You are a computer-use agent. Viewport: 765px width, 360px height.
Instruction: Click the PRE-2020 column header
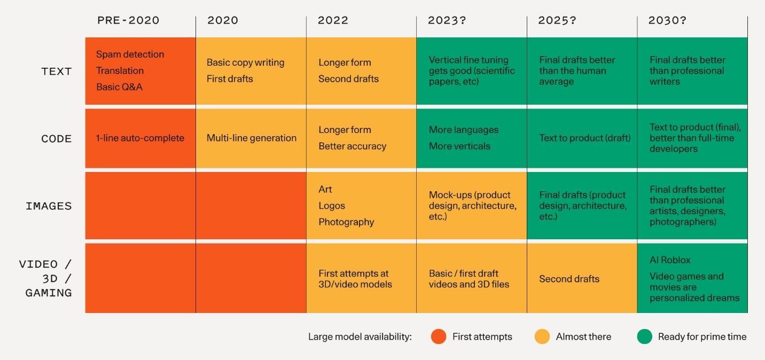click(128, 21)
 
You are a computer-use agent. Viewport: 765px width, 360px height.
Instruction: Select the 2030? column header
click(667, 21)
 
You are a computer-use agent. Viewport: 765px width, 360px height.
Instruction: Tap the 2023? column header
click(447, 21)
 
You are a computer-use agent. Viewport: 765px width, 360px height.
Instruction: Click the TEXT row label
click(56, 72)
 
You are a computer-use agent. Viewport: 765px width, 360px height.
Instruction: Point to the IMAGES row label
click(49, 206)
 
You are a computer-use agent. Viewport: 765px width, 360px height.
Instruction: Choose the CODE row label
click(56, 139)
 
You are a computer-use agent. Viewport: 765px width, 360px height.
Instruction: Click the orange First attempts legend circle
click(439, 336)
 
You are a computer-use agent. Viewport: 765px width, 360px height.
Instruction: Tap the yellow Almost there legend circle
click(542, 336)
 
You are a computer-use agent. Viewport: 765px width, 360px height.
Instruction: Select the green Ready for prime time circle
click(644, 336)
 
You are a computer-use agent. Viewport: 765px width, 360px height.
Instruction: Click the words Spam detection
click(130, 54)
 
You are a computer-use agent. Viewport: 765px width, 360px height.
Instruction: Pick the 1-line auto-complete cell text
click(140, 138)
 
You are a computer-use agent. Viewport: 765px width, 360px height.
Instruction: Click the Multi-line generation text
click(251, 138)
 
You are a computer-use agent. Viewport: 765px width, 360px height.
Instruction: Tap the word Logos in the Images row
click(332, 206)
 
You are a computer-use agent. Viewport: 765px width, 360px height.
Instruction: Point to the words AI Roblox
click(670, 260)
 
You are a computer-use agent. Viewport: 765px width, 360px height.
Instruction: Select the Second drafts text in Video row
click(569, 279)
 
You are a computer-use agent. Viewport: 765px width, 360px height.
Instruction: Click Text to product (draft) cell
click(584, 138)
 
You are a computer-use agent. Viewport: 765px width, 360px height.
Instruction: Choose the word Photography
click(346, 222)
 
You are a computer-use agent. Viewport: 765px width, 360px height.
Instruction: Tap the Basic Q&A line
click(119, 87)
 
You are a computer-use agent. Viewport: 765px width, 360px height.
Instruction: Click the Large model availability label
click(360, 337)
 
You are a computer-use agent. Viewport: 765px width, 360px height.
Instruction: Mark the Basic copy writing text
click(245, 62)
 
